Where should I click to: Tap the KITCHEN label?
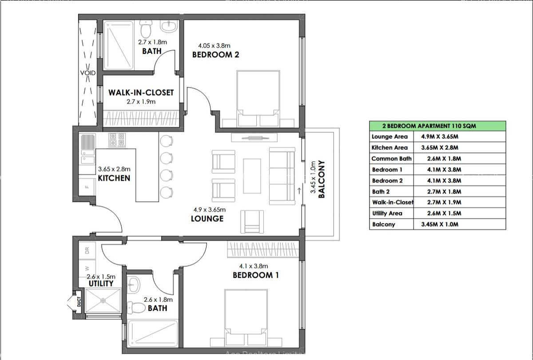114,178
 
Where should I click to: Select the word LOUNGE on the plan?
207,219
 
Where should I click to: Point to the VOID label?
88,73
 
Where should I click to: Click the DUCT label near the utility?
79,302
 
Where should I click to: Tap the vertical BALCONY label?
322,179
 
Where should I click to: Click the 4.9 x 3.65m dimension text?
209,210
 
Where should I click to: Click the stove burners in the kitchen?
118,140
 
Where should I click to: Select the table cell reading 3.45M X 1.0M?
439,224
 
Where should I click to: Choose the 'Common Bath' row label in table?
391,159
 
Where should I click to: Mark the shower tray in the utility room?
103,300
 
